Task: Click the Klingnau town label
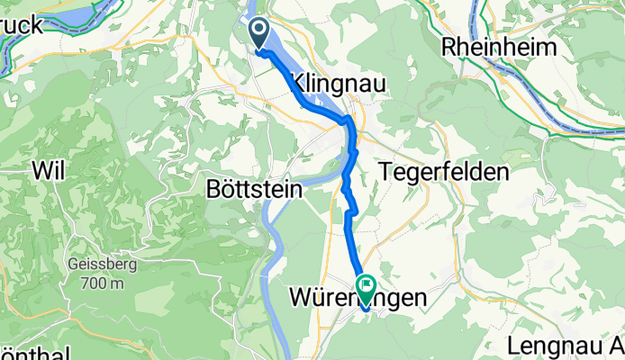point(326,84)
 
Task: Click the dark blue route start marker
point(258,35)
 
